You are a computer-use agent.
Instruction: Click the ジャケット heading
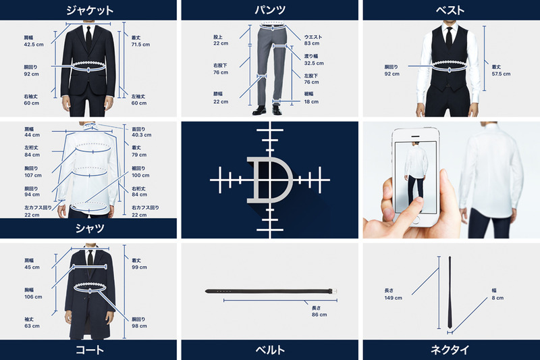[x=89, y=10]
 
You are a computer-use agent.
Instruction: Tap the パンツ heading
[x=269, y=10]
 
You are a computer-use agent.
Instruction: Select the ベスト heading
[x=450, y=10]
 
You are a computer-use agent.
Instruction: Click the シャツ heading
[x=89, y=228]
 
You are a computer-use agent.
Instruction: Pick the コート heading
[x=89, y=350]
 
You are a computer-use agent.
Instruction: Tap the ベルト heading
[x=269, y=350]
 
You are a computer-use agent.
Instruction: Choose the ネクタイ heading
[x=450, y=350]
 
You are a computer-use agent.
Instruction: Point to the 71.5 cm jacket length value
[x=140, y=45]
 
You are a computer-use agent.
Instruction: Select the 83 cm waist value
[x=311, y=43]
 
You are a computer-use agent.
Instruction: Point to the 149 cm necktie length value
[x=393, y=297]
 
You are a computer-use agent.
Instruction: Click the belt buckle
[x=331, y=291]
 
